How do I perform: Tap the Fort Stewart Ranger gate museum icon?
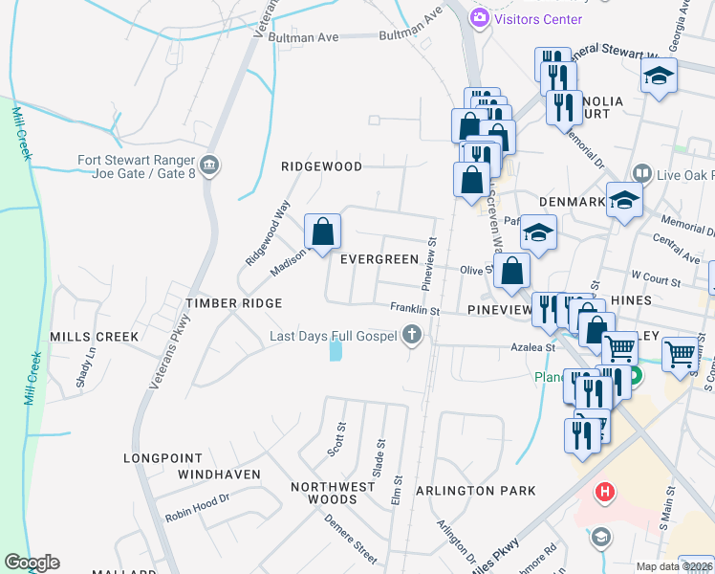pyautogui.click(x=210, y=166)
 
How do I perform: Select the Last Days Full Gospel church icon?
pyautogui.click(x=411, y=335)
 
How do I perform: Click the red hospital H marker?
pyautogui.click(x=604, y=494)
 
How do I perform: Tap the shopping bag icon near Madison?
pyautogui.click(x=323, y=231)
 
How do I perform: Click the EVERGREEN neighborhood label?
pyautogui.click(x=379, y=259)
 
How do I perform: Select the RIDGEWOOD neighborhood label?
pyautogui.click(x=321, y=166)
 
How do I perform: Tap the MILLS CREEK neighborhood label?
pyautogui.click(x=95, y=337)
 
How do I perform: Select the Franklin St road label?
pyautogui.click(x=414, y=310)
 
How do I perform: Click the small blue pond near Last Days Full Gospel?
pyautogui.click(x=336, y=351)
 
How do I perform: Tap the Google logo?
pyautogui.click(x=32, y=563)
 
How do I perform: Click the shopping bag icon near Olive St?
pyautogui.click(x=512, y=271)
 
